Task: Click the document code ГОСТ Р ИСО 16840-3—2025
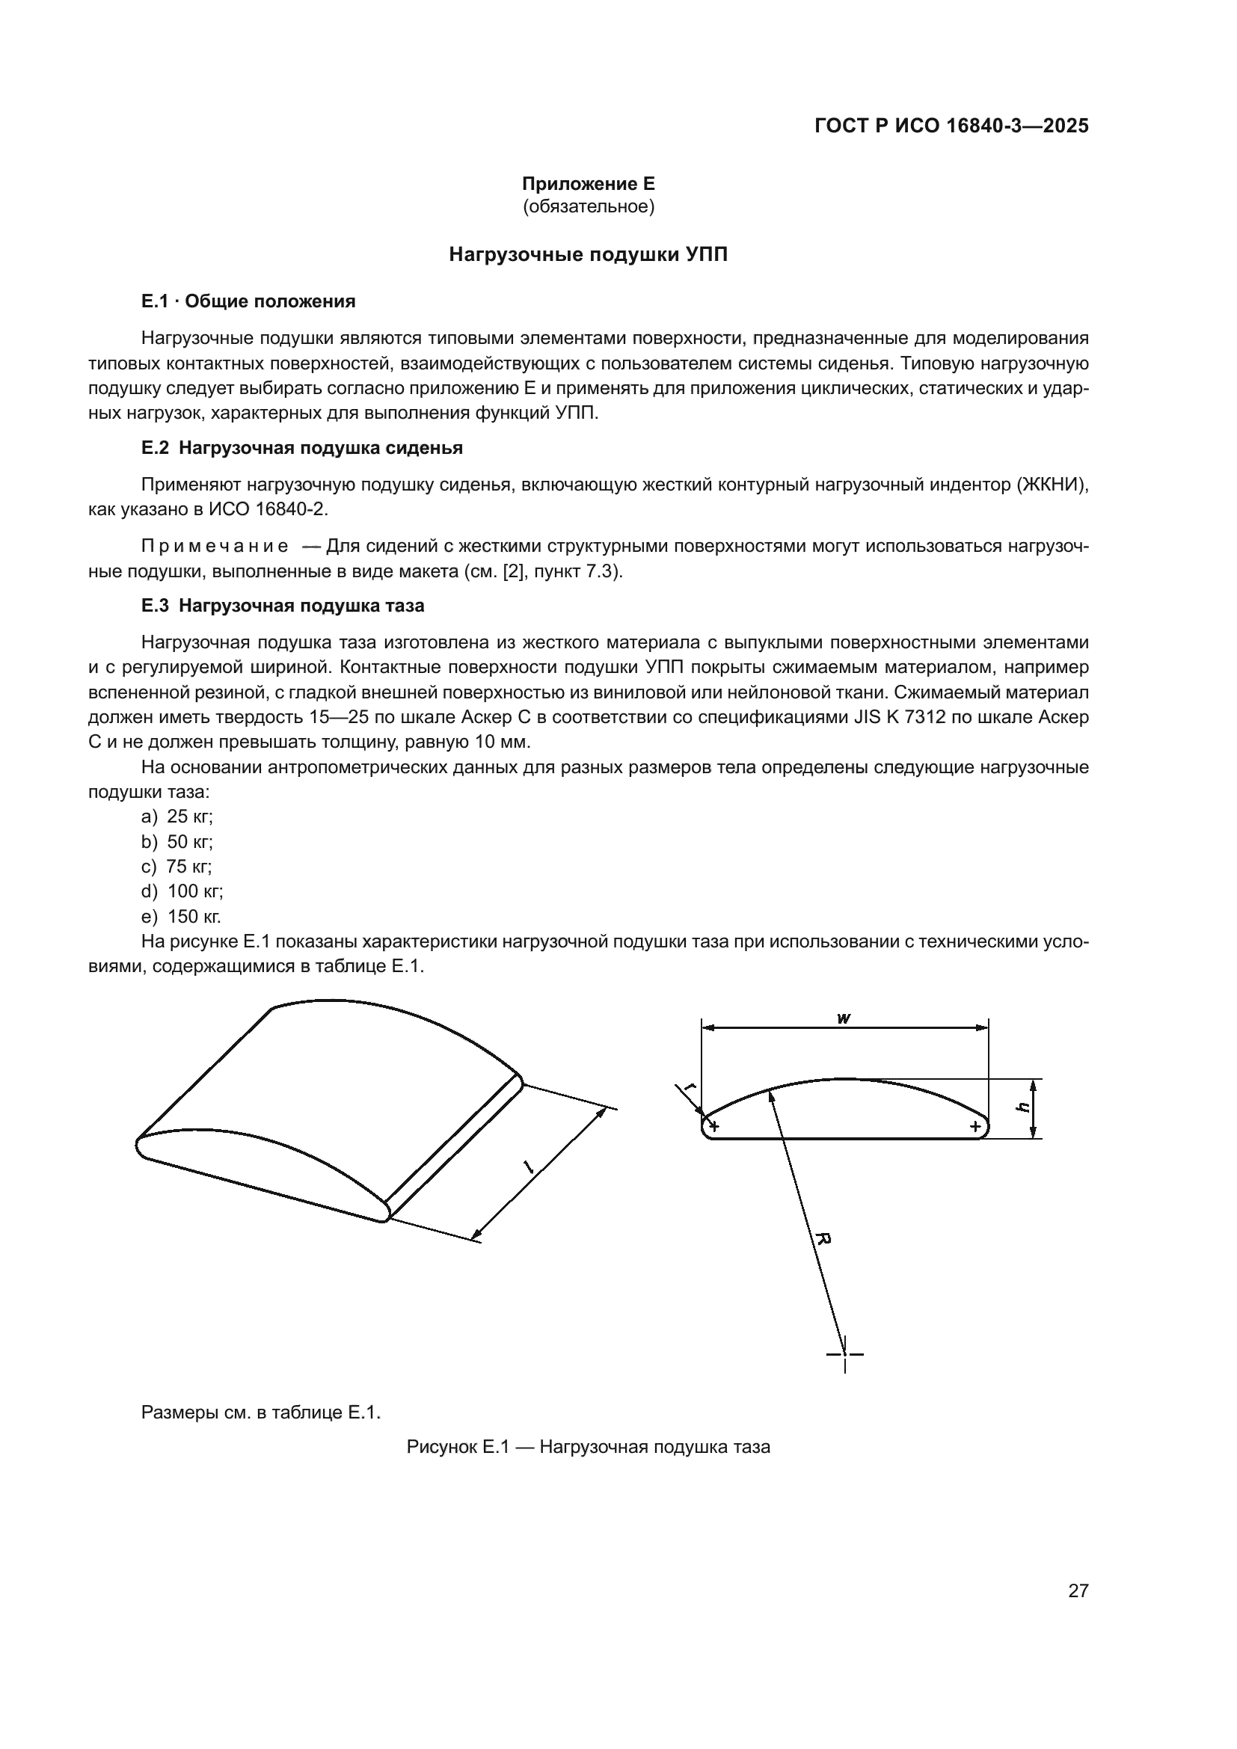[951, 126]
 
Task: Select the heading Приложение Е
[588, 184]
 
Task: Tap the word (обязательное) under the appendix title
[588, 206]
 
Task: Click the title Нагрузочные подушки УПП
[588, 254]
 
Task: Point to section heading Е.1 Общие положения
[248, 301]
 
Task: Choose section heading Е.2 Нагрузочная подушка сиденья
[301, 448]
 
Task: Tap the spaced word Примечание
[215, 546]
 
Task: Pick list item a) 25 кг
[177, 817]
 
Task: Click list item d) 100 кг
[182, 891]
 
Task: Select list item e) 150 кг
[181, 917]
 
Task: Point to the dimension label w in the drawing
[843, 1018]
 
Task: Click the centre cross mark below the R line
[844, 1354]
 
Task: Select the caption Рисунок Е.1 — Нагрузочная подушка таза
[588, 1448]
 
